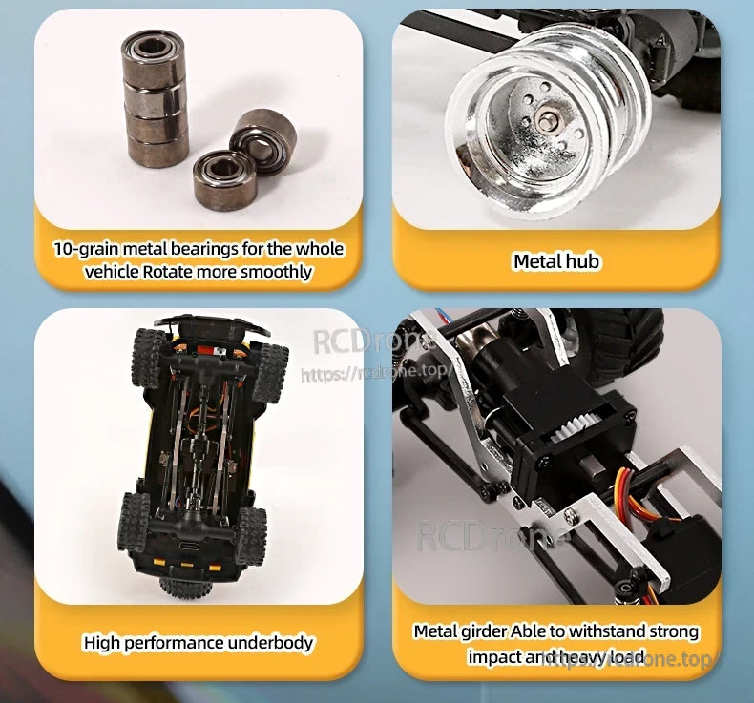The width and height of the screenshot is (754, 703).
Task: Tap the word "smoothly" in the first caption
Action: [x=277, y=272]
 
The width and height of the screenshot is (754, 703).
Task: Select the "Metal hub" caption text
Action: [x=556, y=261]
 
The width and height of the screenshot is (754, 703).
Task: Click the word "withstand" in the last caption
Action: [x=607, y=631]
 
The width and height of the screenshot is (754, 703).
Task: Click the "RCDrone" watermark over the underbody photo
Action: [x=372, y=341]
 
